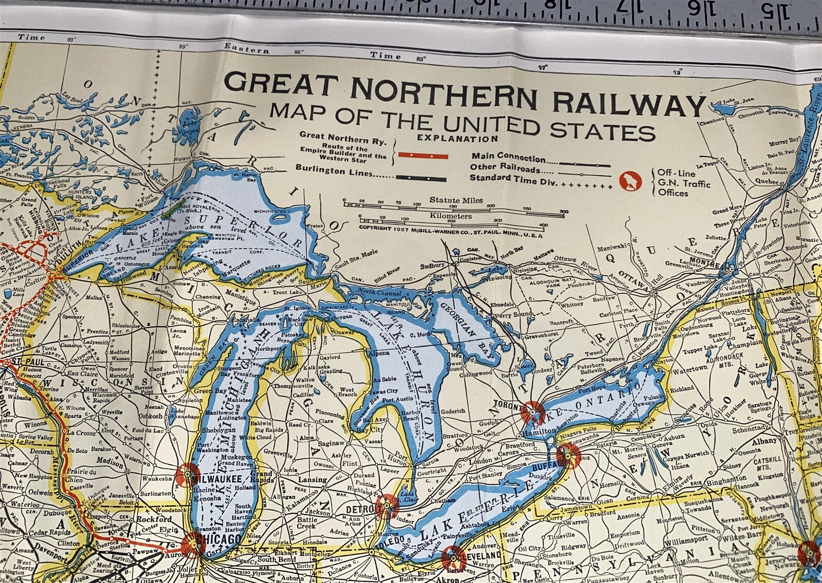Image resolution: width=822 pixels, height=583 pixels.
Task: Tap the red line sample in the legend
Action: point(424,156)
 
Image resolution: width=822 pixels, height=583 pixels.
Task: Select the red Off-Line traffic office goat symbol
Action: point(627,181)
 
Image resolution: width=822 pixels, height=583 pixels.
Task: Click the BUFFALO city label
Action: point(545,466)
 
